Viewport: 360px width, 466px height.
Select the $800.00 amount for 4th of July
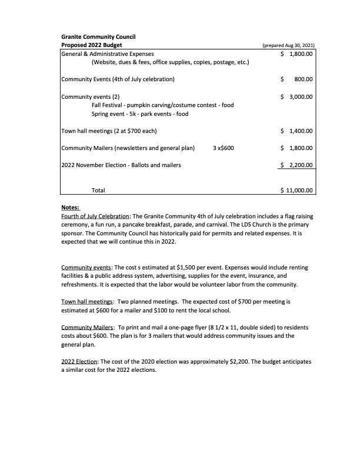tap(297, 79)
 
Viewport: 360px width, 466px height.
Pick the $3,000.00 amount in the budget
tap(297, 96)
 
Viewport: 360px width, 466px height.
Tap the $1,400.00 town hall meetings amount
tap(297, 131)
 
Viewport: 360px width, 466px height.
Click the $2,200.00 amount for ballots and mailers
tap(297, 165)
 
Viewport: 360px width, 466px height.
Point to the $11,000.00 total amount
tap(297, 191)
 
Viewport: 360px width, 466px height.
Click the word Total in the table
tap(98, 191)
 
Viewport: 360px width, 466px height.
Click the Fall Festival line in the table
tap(162, 105)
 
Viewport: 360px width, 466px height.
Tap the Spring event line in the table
tap(140, 114)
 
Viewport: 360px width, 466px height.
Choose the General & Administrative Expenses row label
tap(112, 54)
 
